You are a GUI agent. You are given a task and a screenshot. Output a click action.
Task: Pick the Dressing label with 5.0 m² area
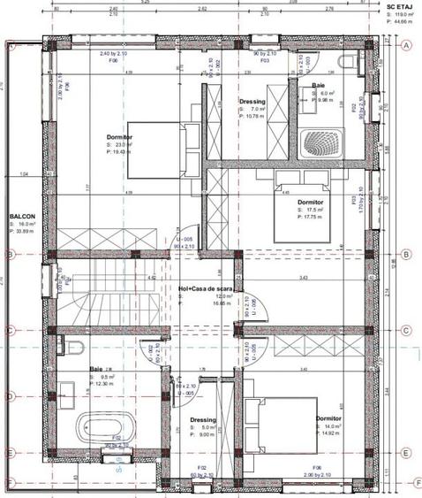point(203,420)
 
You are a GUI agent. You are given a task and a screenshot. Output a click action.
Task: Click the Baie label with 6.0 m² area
point(318,86)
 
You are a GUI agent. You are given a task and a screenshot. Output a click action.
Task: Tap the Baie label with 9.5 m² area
point(96,370)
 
